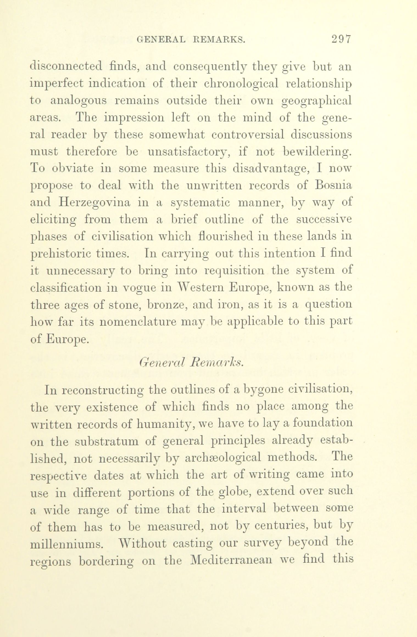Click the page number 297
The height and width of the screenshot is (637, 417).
coord(341,40)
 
